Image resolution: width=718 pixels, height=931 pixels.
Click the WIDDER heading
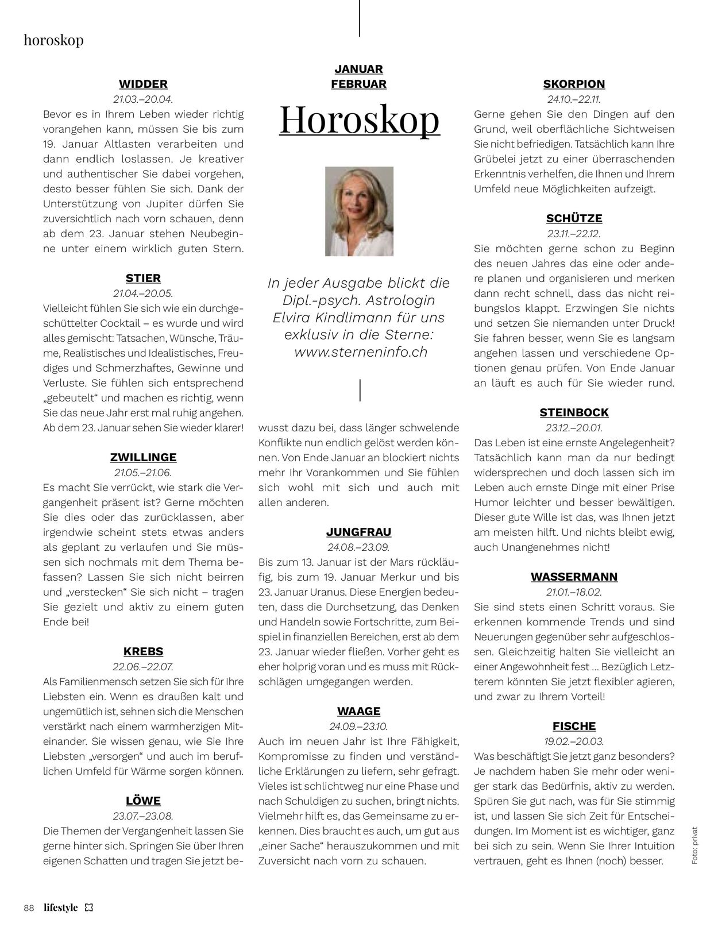pyautogui.click(x=143, y=84)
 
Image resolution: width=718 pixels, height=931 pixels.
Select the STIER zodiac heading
pyautogui.click(x=143, y=278)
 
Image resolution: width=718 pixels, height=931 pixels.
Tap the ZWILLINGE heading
pyautogui.click(x=143, y=457)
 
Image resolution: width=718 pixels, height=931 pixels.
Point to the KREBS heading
pyautogui.click(x=143, y=651)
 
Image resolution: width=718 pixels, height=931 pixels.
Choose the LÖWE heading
pyautogui.click(x=143, y=801)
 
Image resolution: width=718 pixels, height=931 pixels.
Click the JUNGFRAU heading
pyautogui.click(x=358, y=532)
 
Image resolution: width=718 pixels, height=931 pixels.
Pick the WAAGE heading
pyautogui.click(x=358, y=711)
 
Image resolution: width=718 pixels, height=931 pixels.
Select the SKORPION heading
pyautogui.click(x=574, y=84)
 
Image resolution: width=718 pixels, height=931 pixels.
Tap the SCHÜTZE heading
pyautogui.click(x=574, y=218)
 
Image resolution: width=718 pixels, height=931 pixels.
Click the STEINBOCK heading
pyautogui.click(x=574, y=412)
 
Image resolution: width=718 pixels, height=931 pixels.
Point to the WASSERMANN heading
pyautogui.click(x=574, y=577)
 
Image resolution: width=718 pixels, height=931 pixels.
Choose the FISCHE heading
pyautogui.click(x=574, y=726)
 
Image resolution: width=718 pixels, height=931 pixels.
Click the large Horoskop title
pyautogui.click(x=360, y=118)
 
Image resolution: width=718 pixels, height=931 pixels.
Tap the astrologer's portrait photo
pyautogui.click(x=359, y=211)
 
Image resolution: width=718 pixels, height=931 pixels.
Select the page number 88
pyautogui.click(x=29, y=908)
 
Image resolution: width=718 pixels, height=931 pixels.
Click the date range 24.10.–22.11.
pyautogui.click(x=574, y=99)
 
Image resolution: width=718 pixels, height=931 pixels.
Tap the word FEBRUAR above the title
pyautogui.click(x=358, y=84)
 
